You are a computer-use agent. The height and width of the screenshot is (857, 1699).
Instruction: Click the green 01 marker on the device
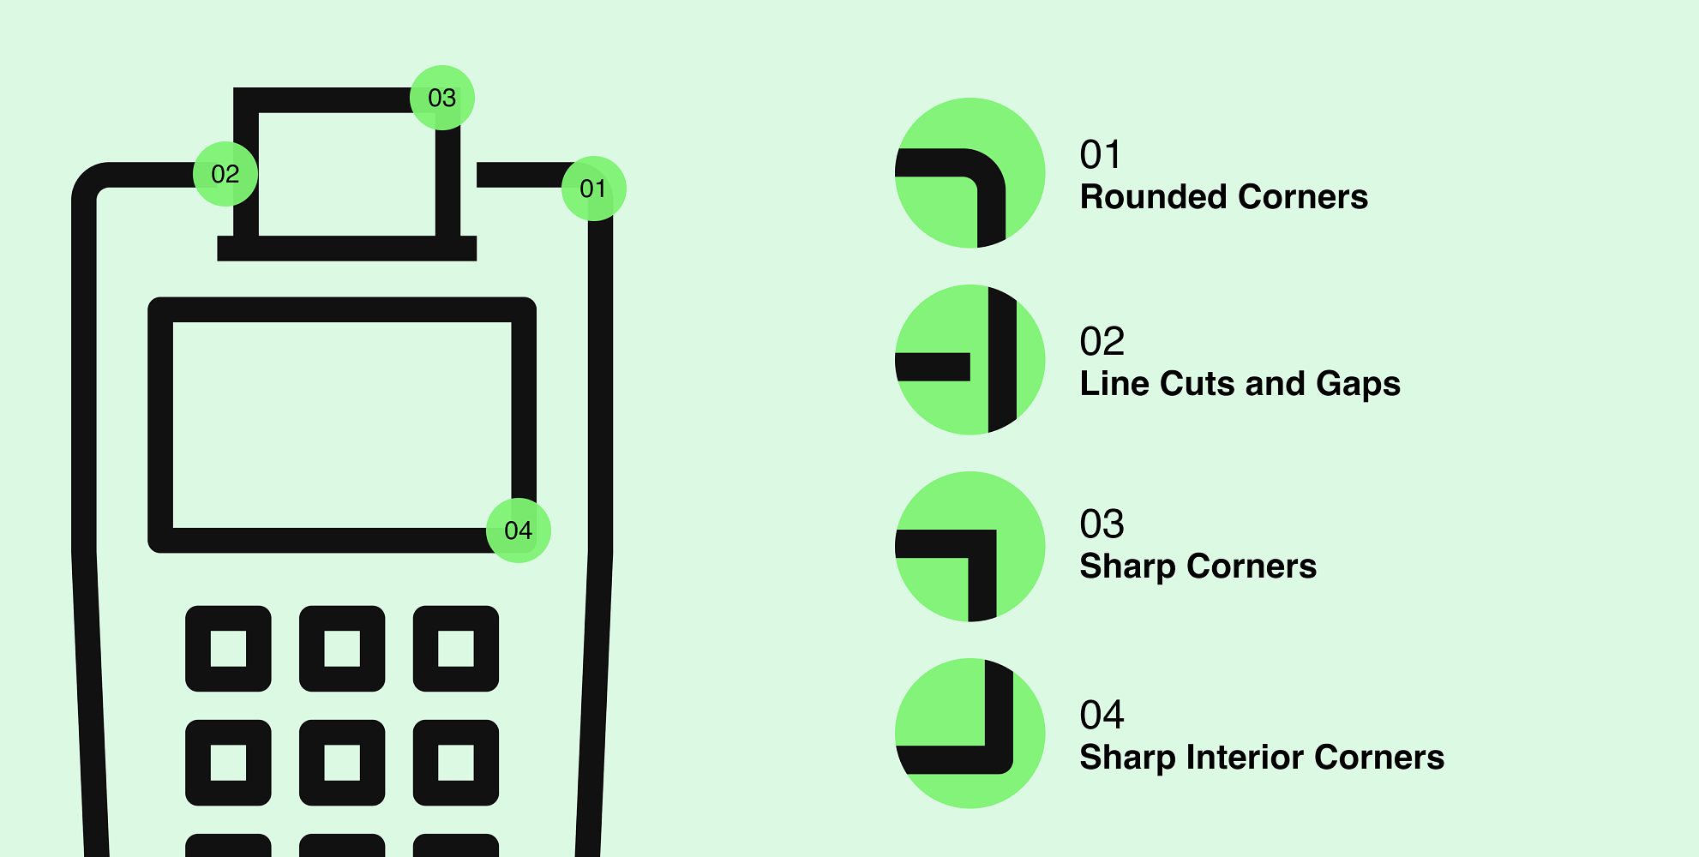coord(593,189)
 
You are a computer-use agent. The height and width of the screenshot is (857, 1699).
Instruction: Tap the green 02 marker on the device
coord(225,174)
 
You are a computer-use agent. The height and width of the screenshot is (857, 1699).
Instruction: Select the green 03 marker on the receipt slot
coord(442,98)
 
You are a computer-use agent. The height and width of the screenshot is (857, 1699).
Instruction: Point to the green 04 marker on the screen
coord(519,530)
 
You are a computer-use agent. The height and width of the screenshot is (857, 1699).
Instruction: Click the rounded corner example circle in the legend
coord(970,173)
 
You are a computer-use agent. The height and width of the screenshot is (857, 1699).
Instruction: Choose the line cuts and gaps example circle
coord(970,360)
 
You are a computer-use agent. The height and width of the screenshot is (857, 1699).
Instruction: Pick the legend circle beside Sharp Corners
coord(970,547)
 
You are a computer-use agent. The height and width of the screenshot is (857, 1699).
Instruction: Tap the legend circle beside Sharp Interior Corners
coord(970,734)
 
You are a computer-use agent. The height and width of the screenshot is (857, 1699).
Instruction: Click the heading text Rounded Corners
coord(1223,197)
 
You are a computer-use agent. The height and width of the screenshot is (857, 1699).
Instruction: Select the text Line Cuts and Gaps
coord(1240,384)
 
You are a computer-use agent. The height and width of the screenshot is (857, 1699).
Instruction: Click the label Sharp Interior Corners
coord(1261,758)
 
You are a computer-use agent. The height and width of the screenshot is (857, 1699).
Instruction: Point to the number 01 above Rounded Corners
coord(1100,155)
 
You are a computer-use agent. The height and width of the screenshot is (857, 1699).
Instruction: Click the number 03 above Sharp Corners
coord(1102,524)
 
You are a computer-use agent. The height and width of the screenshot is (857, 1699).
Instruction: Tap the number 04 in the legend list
coord(1102,716)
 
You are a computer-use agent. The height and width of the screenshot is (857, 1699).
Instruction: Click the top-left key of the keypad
coord(228,649)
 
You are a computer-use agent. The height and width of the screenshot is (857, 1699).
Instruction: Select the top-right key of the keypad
coord(456,649)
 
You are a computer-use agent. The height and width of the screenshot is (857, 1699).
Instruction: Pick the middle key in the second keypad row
coord(342,763)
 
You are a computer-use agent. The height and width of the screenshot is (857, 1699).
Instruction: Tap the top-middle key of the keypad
coord(342,649)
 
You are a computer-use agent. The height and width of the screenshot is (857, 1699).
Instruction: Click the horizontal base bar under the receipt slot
coord(346,249)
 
